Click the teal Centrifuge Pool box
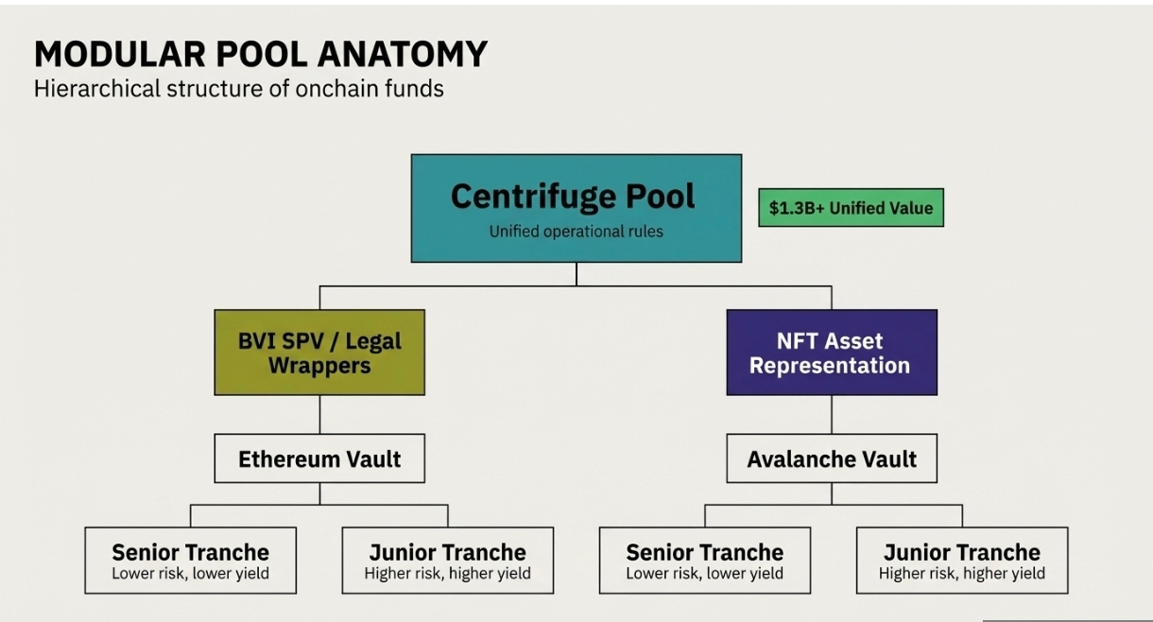pos(576,208)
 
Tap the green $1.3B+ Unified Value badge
pos(851,208)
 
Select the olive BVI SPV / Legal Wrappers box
pos(319,353)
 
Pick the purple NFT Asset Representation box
pos(832,353)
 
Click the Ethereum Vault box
pos(319,459)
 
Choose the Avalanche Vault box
pos(832,459)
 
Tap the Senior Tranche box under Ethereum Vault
pos(190,561)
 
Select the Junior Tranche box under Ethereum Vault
pos(447,561)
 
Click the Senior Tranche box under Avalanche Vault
pos(704,561)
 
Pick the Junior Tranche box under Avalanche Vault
pos(961,561)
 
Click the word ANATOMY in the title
pos(403,55)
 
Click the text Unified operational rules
pos(576,232)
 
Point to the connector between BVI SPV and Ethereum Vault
pos(319,414)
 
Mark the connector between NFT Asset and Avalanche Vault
pos(832,414)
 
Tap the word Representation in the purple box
pos(830,366)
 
